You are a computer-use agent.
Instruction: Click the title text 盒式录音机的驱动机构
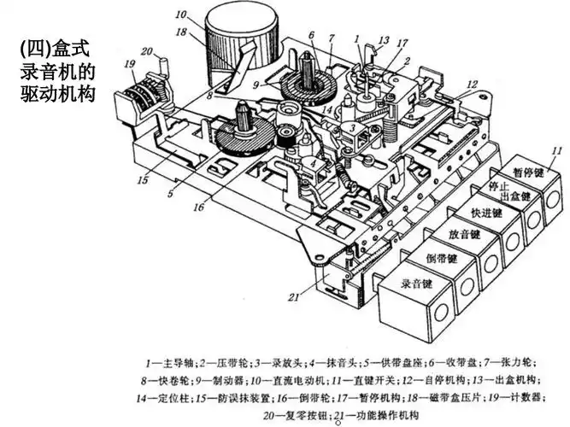[55, 68]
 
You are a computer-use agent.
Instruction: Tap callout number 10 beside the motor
[181, 15]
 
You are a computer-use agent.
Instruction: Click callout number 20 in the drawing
[147, 50]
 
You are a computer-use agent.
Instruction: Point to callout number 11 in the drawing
[556, 150]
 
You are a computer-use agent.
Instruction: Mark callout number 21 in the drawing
[293, 297]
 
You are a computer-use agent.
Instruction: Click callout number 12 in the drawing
[471, 84]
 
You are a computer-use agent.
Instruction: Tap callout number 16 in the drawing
[197, 207]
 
